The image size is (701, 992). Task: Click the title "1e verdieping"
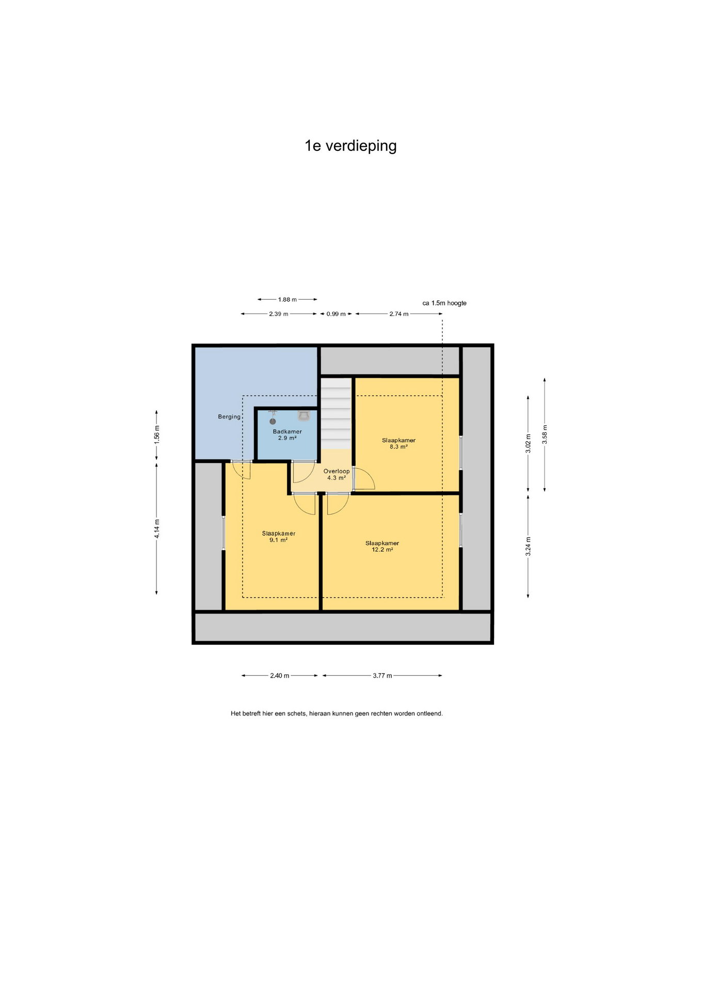pyautogui.click(x=351, y=146)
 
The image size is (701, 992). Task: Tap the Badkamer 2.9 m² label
pyautogui.click(x=287, y=435)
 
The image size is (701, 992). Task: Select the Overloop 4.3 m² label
pyautogui.click(x=337, y=474)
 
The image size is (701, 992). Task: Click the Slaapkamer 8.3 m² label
pyautogui.click(x=399, y=443)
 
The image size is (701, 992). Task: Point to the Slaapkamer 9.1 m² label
pyautogui.click(x=278, y=536)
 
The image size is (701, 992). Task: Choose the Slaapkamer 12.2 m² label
pyautogui.click(x=382, y=546)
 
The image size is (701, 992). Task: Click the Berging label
pyautogui.click(x=229, y=417)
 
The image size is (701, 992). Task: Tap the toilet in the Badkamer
pyautogui.click(x=304, y=415)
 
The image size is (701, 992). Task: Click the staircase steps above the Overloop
pyautogui.click(x=336, y=414)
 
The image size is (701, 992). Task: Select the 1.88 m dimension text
pyautogui.click(x=287, y=300)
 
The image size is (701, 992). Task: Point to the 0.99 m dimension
pyautogui.click(x=336, y=314)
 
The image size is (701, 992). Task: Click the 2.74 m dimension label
pyautogui.click(x=399, y=314)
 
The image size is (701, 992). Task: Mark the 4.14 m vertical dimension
pyautogui.click(x=157, y=529)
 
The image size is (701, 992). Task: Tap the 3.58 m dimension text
pyautogui.click(x=545, y=435)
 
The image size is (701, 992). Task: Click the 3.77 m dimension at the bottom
pyautogui.click(x=382, y=676)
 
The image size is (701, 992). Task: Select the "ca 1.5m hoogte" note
pyautogui.click(x=444, y=303)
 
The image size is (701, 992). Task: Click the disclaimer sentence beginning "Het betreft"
pyautogui.click(x=337, y=714)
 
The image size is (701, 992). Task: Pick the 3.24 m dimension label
pyautogui.click(x=528, y=547)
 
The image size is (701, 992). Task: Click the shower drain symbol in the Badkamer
pyautogui.click(x=273, y=422)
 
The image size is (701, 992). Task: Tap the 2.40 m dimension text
pyautogui.click(x=279, y=676)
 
